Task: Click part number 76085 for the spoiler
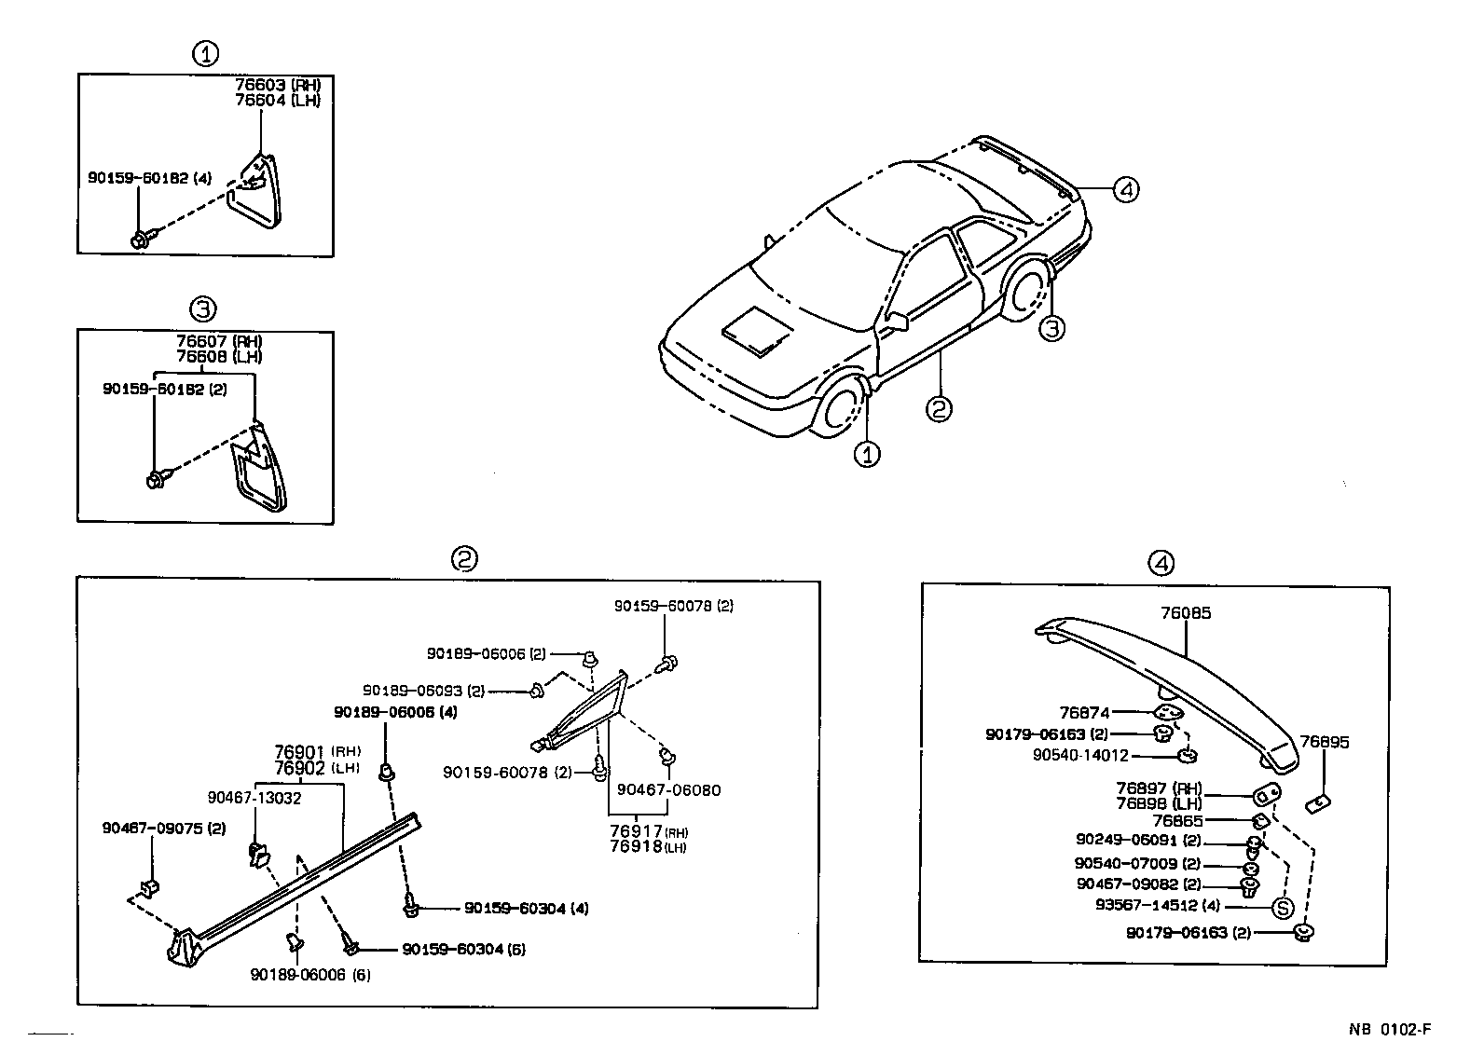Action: coord(1186,613)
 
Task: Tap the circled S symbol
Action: coord(1283,907)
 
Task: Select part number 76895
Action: coord(1325,742)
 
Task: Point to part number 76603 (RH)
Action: coord(277,86)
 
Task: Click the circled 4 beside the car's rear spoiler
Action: coord(1125,190)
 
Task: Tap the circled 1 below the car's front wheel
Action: coord(868,454)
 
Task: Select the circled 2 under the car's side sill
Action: coord(939,407)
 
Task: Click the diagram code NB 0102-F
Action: coord(1388,1030)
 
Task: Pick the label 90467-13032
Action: coord(254,798)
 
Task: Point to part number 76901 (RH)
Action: coord(316,751)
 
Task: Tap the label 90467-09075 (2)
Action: coord(164,827)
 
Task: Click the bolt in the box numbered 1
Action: coord(142,240)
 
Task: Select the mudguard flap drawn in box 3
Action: coord(261,473)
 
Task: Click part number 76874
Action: coord(1085,712)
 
